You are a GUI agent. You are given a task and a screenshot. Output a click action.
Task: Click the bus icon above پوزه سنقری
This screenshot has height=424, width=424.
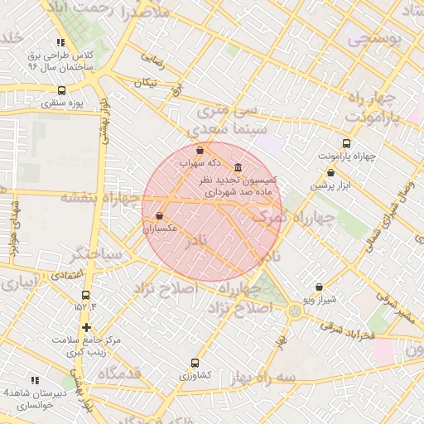point(61,90)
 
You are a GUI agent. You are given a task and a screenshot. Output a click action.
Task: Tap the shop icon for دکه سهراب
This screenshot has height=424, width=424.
point(200,150)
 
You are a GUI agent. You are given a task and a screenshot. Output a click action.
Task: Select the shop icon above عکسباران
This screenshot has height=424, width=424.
point(159,215)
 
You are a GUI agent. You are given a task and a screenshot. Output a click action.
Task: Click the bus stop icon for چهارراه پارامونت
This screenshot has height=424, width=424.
point(346,142)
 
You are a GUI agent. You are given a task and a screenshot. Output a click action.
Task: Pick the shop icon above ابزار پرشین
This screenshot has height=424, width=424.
point(331,172)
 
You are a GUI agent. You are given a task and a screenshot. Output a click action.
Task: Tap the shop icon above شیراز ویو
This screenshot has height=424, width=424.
point(319,287)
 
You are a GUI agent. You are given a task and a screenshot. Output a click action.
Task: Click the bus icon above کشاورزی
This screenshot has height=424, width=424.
point(195,363)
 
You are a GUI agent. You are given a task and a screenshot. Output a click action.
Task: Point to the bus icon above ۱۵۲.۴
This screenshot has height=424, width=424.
point(85,295)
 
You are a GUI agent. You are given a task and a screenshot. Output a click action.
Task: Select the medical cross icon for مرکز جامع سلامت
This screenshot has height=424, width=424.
point(86,327)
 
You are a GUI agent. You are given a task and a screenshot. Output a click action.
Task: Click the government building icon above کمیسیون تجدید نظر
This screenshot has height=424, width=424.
point(238,166)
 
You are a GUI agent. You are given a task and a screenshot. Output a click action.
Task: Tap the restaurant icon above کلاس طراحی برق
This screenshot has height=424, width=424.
point(60,42)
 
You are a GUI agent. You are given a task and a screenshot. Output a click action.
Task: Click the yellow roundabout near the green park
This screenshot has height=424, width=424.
point(296,311)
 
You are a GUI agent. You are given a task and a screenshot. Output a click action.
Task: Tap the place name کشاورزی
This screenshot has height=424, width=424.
point(195,375)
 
